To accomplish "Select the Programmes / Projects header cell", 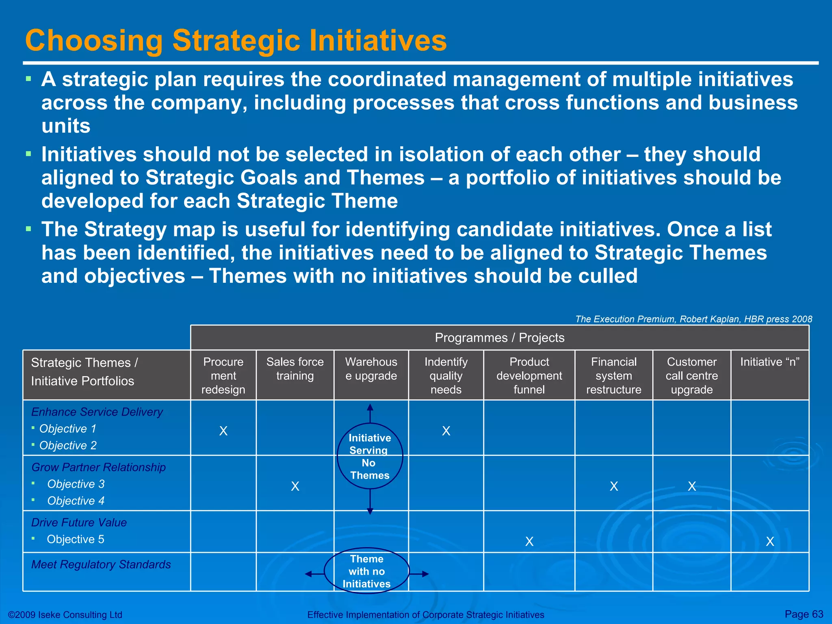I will pos(499,338).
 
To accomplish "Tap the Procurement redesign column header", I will pos(223,375).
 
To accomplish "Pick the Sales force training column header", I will pos(295,369).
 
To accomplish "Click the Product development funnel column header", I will pos(529,375).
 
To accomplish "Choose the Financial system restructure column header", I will pos(613,375).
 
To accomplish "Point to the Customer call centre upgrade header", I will pos(691,375).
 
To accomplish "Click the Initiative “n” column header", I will pos(769,362).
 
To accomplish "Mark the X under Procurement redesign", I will pos(223,431).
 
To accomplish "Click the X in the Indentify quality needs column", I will pos(446,431).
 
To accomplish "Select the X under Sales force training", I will pos(295,486).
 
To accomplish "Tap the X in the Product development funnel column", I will pos(529,542).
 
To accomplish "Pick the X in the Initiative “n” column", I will pos(770,542).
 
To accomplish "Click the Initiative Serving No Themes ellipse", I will pos(370,456).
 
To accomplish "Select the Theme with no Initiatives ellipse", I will pos(366,571).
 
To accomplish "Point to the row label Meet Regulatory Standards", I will pos(101,564).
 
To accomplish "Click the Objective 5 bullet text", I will pos(76,539).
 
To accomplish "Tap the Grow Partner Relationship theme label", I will pos(98,467).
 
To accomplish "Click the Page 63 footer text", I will pos(804,614).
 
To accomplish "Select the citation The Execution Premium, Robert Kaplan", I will pos(693,319).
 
